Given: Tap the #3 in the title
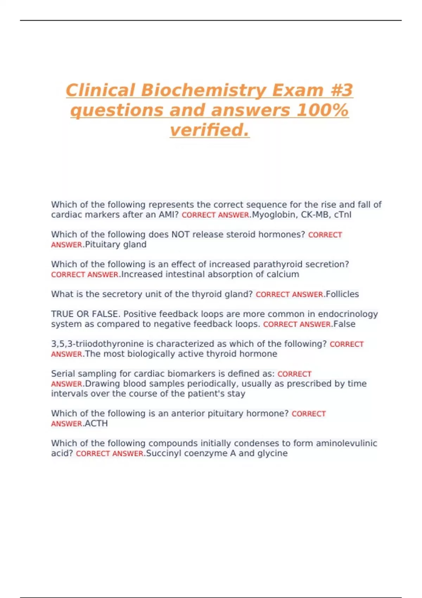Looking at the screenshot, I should (341, 90).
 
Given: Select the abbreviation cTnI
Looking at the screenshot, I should (343, 215).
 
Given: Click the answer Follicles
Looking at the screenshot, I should (342, 294).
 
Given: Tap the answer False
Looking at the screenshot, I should (344, 324).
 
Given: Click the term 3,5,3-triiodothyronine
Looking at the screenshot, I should (96, 344).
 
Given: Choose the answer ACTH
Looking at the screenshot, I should (96, 424).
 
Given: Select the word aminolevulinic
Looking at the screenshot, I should (346, 443).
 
